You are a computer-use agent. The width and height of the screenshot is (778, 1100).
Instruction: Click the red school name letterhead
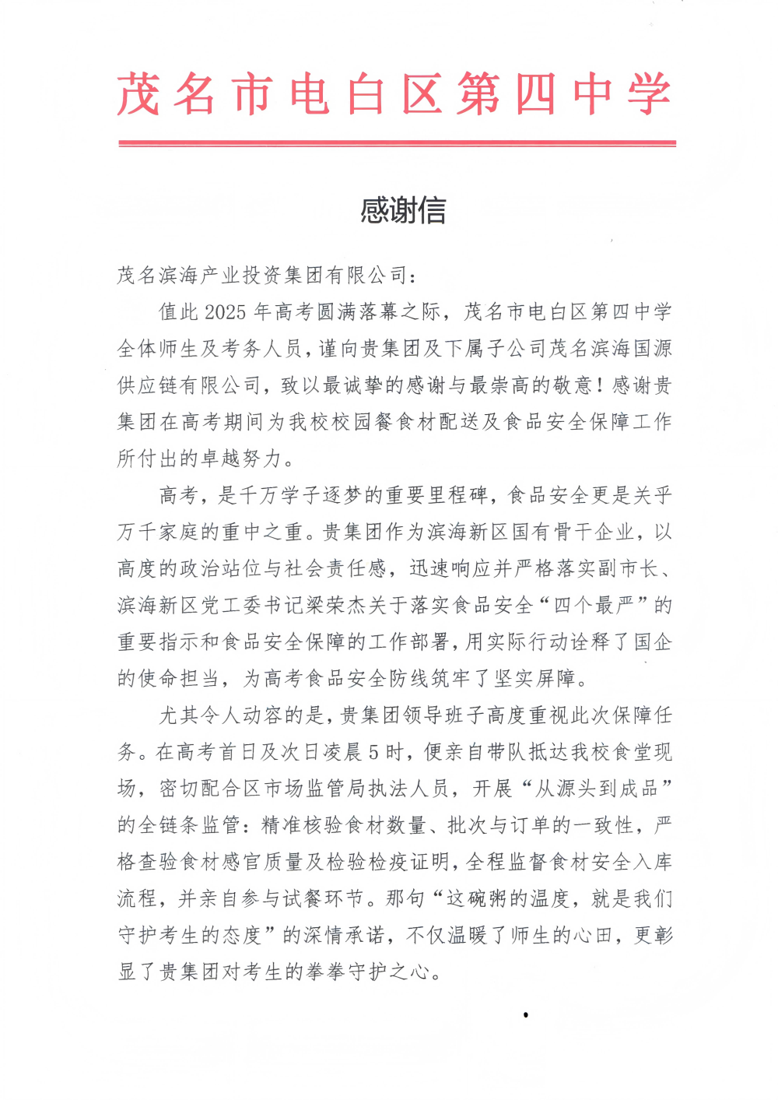point(394,94)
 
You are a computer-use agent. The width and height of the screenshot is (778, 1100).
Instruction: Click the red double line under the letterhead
point(397,143)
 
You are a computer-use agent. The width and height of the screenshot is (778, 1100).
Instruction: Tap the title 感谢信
point(403,210)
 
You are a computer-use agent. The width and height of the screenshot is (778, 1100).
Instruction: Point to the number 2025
point(226,312)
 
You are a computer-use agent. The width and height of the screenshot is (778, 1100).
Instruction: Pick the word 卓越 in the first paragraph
point(220,459)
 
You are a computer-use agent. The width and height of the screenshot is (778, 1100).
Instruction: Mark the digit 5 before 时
point(373,753)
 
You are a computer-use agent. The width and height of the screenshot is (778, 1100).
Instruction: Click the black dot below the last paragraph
point(526,1014)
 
